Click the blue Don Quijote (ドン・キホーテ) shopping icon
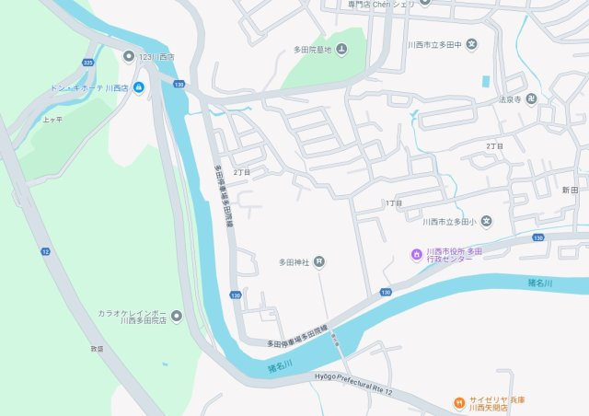point(138,87)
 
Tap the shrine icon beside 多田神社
point(318,262)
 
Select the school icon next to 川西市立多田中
point(471,43)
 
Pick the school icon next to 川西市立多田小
point(486,221)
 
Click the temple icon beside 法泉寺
point(532,98)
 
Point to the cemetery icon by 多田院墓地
point(341,49)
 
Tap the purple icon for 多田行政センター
point(416,254)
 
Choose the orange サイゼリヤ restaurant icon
point(458,402)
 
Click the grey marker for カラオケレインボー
point(177,317)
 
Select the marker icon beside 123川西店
point(129,56)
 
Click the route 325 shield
point(87,62)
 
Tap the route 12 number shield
point(45,250)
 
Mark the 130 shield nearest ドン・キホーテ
point(178,84)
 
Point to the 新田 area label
point(569,189)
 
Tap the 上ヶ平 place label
point(52,120)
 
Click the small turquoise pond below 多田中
point(485,81)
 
